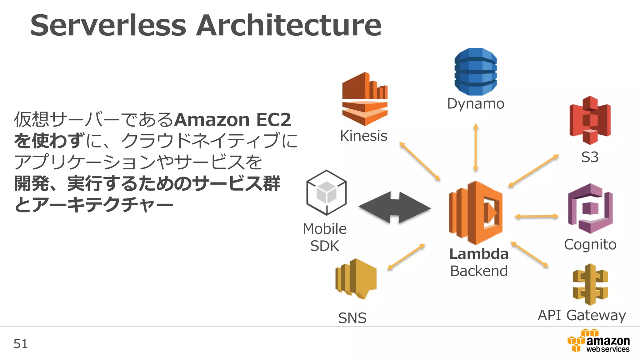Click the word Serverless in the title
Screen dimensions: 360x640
108,25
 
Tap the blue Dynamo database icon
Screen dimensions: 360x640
475,72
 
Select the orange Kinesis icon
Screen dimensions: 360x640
365,99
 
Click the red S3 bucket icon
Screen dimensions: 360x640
590,120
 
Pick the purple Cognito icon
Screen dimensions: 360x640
590,208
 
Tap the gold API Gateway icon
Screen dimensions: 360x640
590,284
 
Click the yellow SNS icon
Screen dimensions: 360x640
356,278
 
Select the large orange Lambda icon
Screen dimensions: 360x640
475,212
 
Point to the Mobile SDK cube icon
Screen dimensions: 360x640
326,192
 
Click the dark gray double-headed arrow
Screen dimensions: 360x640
394,207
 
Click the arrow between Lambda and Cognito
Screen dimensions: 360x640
536,216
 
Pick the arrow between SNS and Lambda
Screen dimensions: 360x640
406,257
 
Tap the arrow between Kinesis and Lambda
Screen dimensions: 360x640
420,161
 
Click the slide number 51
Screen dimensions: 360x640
21,344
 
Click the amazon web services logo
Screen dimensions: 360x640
598,341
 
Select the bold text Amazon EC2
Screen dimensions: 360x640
233,120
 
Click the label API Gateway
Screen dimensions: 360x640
582,315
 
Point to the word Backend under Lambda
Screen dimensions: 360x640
478,271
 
